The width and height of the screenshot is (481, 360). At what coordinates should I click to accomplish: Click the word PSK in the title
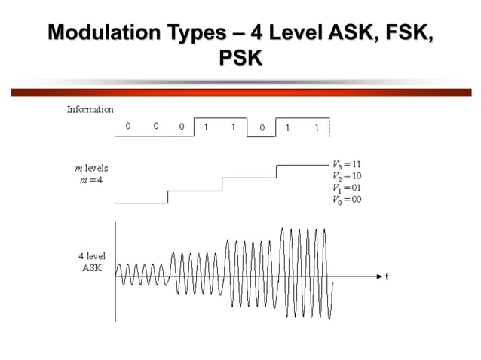point(240,58)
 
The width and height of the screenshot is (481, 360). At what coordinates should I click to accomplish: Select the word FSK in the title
point(409,34)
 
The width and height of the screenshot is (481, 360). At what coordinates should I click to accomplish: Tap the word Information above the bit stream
point(90,110)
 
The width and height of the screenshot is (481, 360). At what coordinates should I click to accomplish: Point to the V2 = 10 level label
point(347,176)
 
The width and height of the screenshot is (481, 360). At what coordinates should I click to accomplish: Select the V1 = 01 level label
point(347,188)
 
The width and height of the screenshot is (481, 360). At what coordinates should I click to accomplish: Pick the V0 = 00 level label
point(347,200)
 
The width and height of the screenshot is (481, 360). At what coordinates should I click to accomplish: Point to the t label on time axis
point(387,277)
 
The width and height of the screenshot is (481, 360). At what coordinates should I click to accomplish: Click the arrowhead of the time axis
point(379,276)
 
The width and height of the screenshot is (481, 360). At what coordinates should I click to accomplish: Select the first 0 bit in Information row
point(128,127)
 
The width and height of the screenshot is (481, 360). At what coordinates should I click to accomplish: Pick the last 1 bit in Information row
point(317,127)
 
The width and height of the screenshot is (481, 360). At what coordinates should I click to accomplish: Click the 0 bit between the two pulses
point(262,127)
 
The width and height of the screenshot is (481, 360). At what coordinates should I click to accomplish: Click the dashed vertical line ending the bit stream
point(329,128)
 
